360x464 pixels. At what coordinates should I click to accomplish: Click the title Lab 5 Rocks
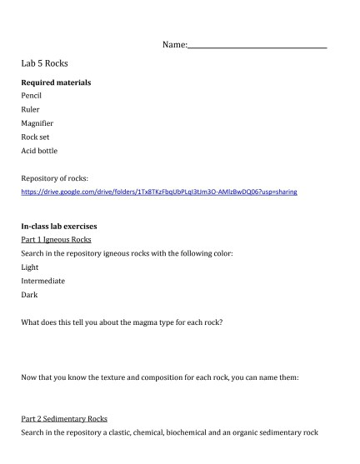pos(45,63)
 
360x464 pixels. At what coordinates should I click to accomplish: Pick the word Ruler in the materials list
pos(31,109)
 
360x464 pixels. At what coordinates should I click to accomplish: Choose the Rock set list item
pos(36,137)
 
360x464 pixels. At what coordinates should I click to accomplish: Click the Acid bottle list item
pos(40,151)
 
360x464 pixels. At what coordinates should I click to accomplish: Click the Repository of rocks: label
pos(54,178)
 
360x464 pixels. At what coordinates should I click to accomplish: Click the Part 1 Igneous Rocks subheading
pos(57,239)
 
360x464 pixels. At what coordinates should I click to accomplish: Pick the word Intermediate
pos(43,281)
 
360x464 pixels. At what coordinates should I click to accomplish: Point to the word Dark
pos(29,294)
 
